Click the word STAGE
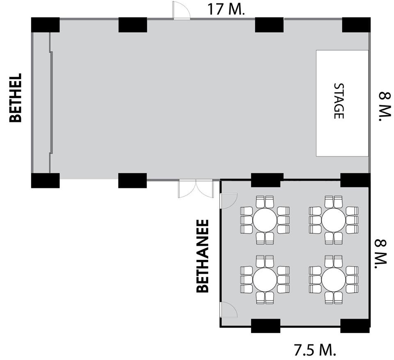pyautogui.click(x=339, y=101)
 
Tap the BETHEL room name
pyautogui.click(x=16, y=98)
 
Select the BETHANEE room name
pyautogui.click(x=202, y=256)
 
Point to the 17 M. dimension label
pyautogui.click(x=226, y=9)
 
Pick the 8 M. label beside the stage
pyautogui.click(x=385, y=107)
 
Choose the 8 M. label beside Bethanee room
pyautogui.click(x=381, y=254)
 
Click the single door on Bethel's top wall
pyautogui.click(x=181, y=10)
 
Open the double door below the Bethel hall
pyautogui.click(x=196, y=189)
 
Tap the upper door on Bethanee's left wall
pyautogui.click(x=229, y=201)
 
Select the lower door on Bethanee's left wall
pyautogui.click(x=229, y=310)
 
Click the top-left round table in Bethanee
pyautogui.click(x=265, y=220)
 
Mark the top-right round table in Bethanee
pyautogui.click(x=333, y=220)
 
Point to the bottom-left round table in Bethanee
pyautogui.click(x=265, y=280)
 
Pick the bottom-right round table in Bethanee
pyautogui.click(x=333, y=280)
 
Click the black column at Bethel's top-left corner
pyautogui.click(x=45, y=25)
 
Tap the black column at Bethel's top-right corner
pyautogui.click(x=356, y=25)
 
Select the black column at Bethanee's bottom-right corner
pyautogui.click(x=355, y=326)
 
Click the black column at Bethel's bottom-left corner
pyautogui.click(x=45, y=180)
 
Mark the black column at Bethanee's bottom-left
pyautogui.click(x=266, y=326)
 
